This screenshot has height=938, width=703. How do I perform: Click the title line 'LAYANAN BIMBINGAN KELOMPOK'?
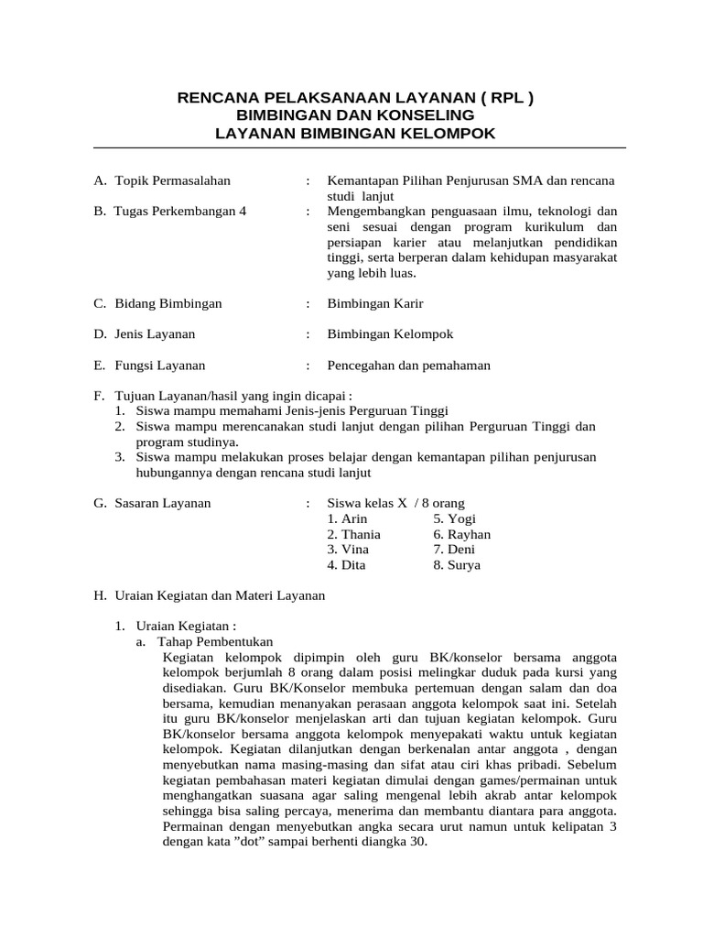pos(354,134)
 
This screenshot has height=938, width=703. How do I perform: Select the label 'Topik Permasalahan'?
pos(172,180)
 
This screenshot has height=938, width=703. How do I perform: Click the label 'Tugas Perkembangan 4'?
pos(180,211)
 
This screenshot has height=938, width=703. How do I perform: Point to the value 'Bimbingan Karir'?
pos(375,303)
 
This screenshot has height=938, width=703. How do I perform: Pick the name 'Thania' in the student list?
pos(362,534)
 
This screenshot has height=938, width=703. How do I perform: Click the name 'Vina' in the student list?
pos(356,550)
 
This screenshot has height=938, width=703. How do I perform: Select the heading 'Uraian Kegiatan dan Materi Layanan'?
pos(220,595)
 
